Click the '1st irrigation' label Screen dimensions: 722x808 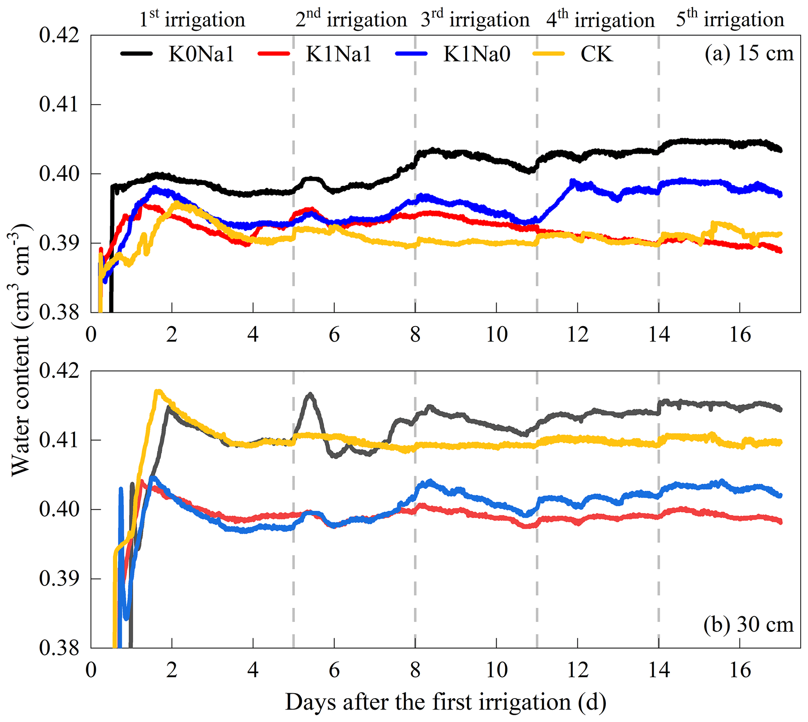pos(192,19)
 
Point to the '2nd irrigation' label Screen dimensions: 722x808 pos(351,19)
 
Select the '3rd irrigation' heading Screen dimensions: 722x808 pos(475,19)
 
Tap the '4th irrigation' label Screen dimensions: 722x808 pos(600,19)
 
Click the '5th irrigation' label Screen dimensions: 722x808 pos(730,19)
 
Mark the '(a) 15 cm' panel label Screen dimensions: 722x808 pos(749,54)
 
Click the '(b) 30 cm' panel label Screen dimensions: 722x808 pos(748,624)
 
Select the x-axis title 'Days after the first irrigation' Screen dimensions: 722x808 pos(445,702)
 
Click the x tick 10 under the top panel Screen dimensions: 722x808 pos(496,335)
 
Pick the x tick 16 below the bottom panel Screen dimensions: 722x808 pos(740,670)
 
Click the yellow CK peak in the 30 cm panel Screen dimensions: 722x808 pos(158,392)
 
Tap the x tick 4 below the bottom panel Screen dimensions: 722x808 pos(253,670)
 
